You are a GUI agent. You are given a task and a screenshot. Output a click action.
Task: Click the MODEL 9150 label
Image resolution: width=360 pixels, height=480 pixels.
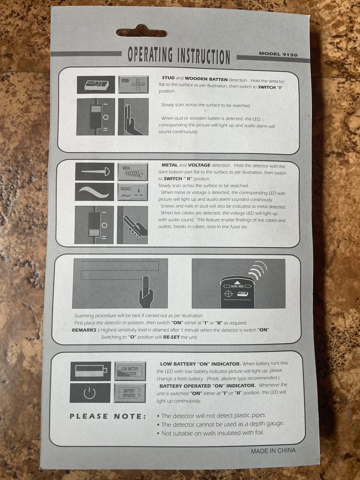click(278, 54)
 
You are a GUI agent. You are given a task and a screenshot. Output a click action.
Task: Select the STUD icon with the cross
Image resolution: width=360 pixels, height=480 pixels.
click(133, 85)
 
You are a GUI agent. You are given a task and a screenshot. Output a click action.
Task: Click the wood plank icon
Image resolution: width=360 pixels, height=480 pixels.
click(96, 85)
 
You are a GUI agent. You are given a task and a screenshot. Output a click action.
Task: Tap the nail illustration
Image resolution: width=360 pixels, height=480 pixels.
click(95, 171)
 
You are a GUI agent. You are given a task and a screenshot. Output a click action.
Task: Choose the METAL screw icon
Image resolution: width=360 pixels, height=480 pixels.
click(133, 172)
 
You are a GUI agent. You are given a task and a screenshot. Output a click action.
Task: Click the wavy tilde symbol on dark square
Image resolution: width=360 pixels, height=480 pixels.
click(94, 192)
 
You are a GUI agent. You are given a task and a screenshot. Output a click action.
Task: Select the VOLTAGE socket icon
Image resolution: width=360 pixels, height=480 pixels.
click(132, 192)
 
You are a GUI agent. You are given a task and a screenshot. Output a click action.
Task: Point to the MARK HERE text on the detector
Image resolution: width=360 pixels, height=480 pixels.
click(237, 286)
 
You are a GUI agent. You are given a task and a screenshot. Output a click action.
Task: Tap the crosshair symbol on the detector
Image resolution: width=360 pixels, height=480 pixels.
click(228, 294)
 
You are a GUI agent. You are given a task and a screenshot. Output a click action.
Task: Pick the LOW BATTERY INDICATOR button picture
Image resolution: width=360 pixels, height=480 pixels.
click(130, 371)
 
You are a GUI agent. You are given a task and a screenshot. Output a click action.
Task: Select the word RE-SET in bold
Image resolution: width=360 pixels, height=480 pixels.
click(171, 337)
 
